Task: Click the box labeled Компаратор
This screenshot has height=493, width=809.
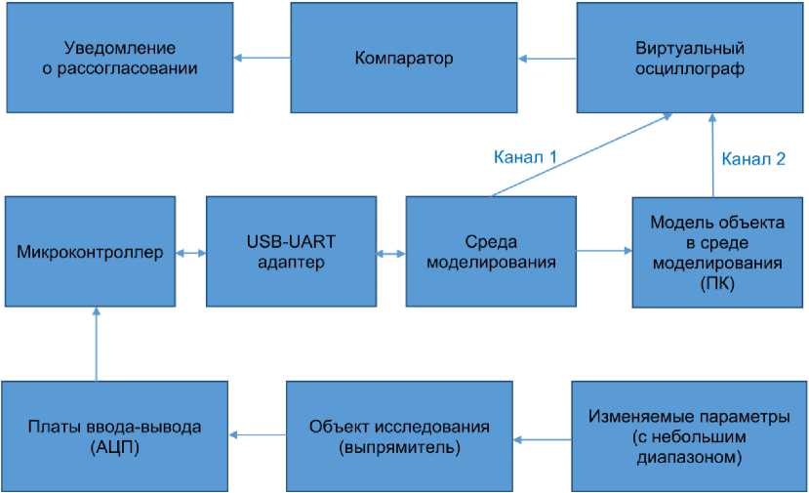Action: [x=403, y=58]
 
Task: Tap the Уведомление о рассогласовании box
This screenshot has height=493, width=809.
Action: [x=120, y=58]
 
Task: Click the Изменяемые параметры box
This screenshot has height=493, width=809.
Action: [x=689, y=437]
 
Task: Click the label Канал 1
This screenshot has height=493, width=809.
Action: [x=525, y=156]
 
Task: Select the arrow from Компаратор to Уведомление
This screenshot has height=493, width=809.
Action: [x=263, y=58]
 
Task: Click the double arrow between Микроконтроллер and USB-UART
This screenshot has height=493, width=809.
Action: [x=191, y=254]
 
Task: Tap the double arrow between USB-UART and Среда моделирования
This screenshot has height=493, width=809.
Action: [x=390, y=254]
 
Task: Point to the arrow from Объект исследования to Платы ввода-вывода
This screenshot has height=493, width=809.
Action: [x=258, y=436]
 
